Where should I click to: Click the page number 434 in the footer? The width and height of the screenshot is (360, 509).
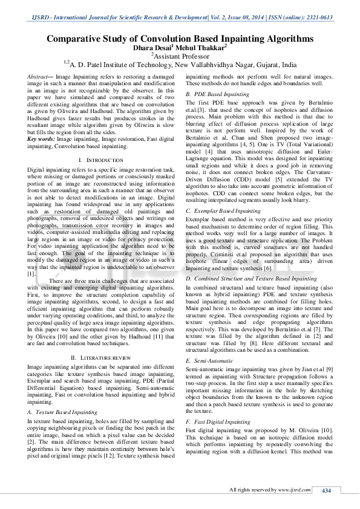click(x=326, y=490)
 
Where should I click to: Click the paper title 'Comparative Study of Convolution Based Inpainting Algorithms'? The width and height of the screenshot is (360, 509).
click(x=180, y=38)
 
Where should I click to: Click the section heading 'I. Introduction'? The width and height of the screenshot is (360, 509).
click(x=92, y=159)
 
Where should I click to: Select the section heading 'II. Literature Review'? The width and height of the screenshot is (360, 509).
click(x=92, y=358)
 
